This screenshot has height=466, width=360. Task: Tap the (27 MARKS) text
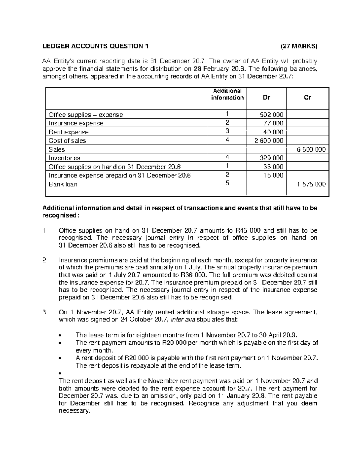298,46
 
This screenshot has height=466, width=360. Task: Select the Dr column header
266,98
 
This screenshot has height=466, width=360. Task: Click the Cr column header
308,98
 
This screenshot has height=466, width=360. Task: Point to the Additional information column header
227,94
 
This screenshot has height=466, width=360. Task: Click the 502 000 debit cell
271,115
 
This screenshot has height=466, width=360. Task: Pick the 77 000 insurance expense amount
273,123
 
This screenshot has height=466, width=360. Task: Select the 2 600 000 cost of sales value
269,141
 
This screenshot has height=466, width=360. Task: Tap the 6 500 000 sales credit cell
311,149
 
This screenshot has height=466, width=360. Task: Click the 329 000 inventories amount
271,158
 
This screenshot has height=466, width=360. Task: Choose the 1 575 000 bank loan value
311,184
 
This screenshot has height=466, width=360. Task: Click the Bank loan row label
63,184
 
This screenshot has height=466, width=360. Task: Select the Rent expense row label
69,132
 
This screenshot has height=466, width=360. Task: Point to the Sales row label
57,149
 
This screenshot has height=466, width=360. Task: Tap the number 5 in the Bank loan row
227,183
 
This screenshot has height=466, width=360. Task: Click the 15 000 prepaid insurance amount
273,176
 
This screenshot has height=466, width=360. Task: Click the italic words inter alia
183,320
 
